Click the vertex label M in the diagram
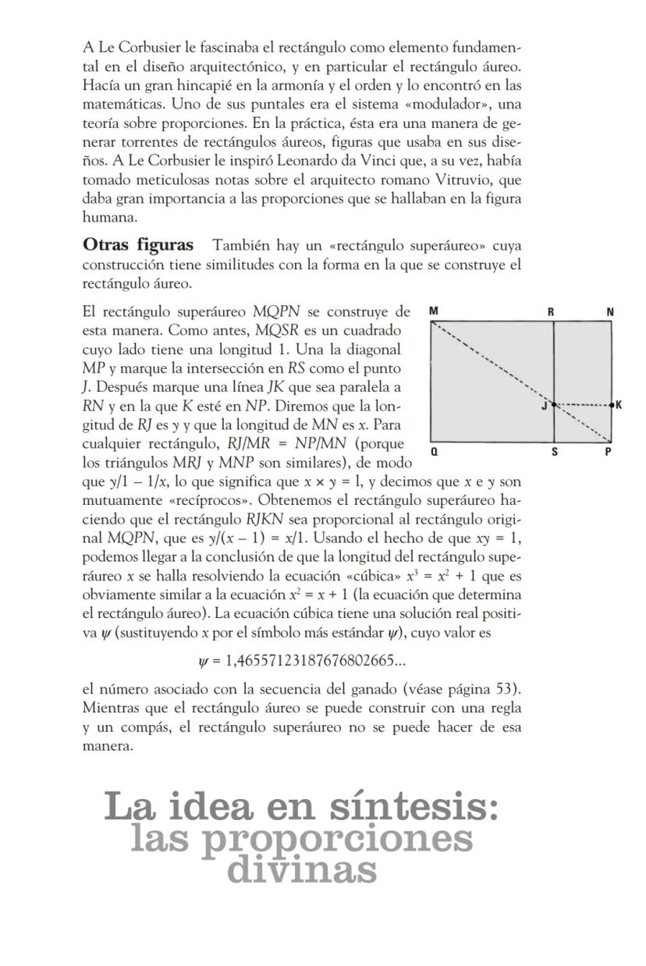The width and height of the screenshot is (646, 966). [434, 312]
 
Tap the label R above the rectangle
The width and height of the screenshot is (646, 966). [551, 312]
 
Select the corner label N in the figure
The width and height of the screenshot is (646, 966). [610, 312]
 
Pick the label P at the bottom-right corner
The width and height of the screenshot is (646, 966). [609, 452]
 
